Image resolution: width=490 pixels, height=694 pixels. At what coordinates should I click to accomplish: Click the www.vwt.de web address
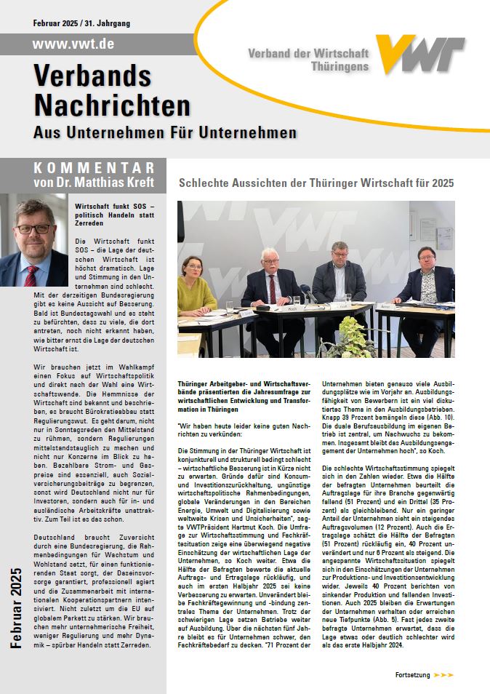coord(73,44)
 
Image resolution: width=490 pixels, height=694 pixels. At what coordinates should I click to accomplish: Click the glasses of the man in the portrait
coord(32,228)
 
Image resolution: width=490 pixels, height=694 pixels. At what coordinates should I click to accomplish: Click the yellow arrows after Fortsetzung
coord(443,675)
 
